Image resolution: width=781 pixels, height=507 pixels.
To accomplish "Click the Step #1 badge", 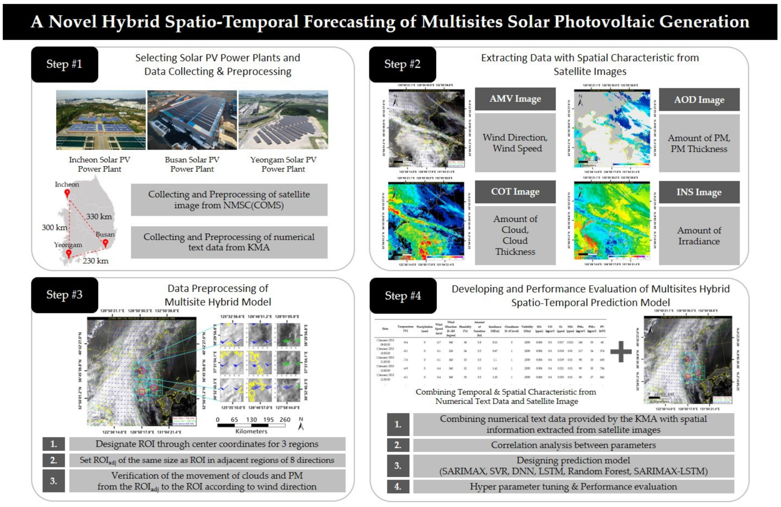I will click(x=64, y=64).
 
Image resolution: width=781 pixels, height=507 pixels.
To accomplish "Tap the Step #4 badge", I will click(x=403, y=296).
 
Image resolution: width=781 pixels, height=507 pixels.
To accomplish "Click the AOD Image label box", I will click(x=699, y=99).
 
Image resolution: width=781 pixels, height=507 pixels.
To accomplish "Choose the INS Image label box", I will click(x=699, y=192).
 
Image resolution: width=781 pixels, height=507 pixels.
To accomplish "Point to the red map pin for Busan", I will click(x=105, y=243).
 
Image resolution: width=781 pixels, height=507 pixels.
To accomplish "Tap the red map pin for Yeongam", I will click(x=69, y=253).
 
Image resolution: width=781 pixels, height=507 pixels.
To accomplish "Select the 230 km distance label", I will click(x=95, y=261).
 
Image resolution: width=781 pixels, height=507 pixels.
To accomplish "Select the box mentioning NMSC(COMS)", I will click(x=229, y=200).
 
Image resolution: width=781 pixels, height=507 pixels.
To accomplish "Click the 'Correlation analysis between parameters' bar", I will click(x=573, y=445).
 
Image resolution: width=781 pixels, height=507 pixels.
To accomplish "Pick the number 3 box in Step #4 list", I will click(x=398, y=466).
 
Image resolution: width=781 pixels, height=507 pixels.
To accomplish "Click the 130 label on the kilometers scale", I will click(x=251, y=420).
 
